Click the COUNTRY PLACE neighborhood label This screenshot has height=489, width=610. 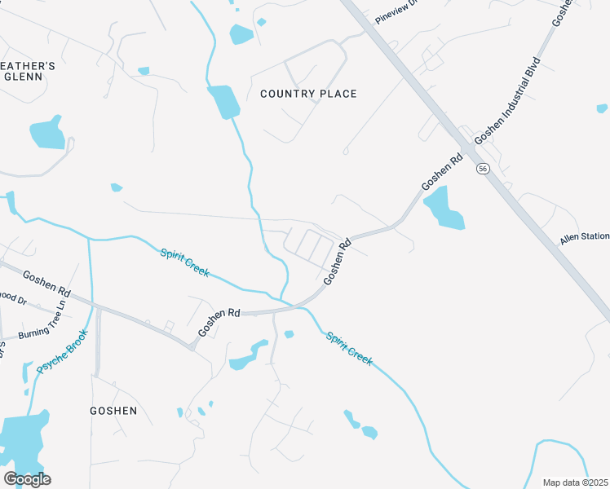point(308,94)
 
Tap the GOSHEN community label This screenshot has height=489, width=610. point(113,411)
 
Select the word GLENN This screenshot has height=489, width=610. point(22,77)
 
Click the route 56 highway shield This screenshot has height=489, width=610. point(484,168)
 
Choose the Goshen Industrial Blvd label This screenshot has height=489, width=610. point(507,100)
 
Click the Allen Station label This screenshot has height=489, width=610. point(584,237)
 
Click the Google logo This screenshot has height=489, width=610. point(27,479)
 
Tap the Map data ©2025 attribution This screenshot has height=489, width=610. point(575,482)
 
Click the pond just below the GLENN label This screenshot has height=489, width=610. point(46,134)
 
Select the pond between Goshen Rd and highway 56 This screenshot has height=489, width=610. point(443,208)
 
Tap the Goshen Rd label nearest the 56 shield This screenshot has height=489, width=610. point(442,173)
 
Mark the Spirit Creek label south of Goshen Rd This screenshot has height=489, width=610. point(349,348)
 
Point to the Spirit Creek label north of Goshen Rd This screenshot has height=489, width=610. point(184,262)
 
